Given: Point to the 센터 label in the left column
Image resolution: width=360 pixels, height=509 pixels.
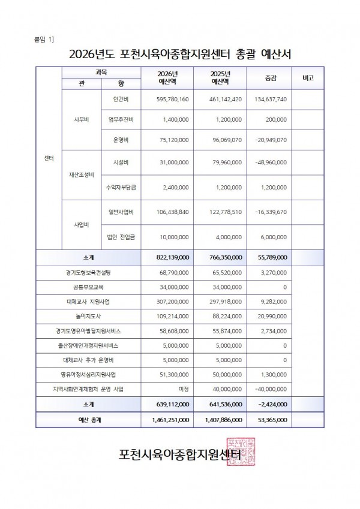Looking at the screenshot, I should pos(49,158).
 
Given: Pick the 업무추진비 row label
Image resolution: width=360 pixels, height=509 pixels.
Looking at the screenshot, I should pos(122,119).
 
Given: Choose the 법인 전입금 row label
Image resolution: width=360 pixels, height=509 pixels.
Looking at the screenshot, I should pos(122,237).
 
